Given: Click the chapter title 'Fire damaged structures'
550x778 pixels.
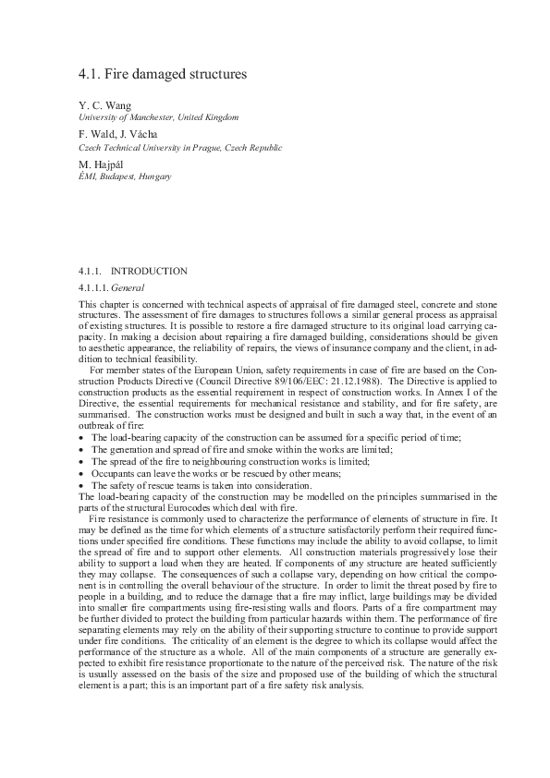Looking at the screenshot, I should [176, 73].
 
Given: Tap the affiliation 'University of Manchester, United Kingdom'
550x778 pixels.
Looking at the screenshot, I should [158, 117].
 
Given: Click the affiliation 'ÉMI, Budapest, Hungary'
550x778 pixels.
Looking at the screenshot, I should [125, 176].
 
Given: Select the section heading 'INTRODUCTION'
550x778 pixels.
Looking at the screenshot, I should [149, 272].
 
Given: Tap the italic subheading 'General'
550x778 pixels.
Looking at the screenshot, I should [128, 288].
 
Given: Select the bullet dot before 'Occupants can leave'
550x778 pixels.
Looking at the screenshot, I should [83, 473].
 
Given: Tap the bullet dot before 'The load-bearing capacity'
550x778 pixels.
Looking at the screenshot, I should [83, 437].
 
